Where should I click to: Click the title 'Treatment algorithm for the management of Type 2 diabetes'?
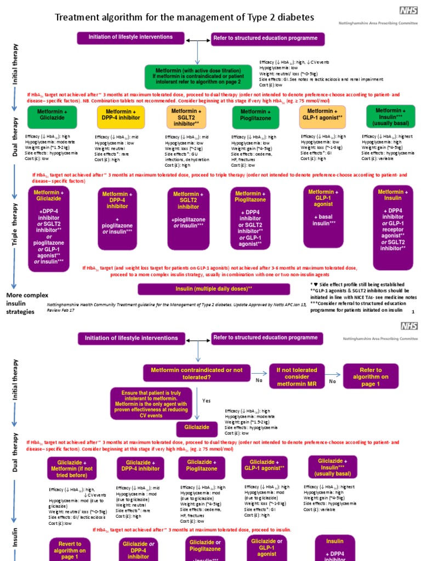click(x=184, y=18)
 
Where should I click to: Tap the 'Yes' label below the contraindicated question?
click(x=206, y=401)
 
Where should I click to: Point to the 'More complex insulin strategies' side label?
click(x=27, y=303)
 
